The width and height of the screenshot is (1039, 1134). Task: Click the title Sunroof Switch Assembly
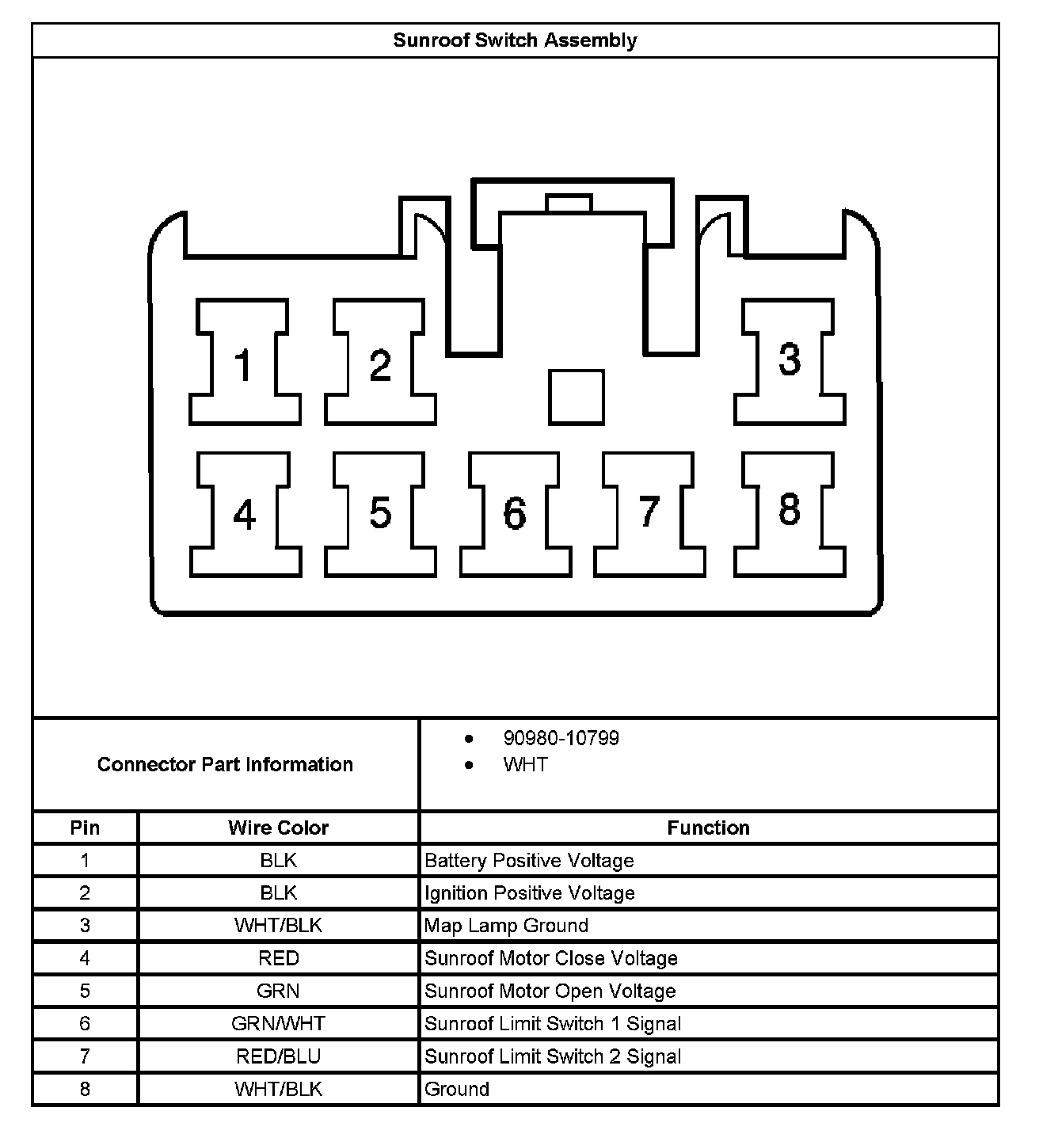(515, 40)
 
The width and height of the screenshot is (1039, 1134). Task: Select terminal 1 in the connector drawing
(245, 363)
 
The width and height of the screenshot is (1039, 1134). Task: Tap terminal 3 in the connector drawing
(790, 360)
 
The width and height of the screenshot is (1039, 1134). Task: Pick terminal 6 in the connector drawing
(515, 513)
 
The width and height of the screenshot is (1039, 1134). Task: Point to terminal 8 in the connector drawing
(790, 510)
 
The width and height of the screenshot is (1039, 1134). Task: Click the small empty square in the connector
(577, 398)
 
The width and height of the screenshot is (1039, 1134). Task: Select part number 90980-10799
(561, 739)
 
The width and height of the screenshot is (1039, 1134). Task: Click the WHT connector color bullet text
(525, 765)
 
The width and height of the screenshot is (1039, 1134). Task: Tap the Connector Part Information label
(225, 765)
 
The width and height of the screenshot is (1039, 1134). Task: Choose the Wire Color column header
(278, 828)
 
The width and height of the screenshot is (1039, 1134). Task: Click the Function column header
(708, 828)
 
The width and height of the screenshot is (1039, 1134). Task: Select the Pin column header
(85, 828)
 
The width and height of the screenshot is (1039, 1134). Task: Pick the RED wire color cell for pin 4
(278, 959)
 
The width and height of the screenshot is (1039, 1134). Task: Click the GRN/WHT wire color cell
(278, 1024)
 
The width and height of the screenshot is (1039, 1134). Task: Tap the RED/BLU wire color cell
(278, 1056)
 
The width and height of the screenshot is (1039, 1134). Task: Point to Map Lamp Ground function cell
(506, 926)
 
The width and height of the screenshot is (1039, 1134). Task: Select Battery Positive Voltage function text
(529, 861)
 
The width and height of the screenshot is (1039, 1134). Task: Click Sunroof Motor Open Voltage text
(550, 991)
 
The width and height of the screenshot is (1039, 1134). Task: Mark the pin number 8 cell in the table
(85, 1090)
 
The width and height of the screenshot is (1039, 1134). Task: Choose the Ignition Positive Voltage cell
(530, 893)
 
